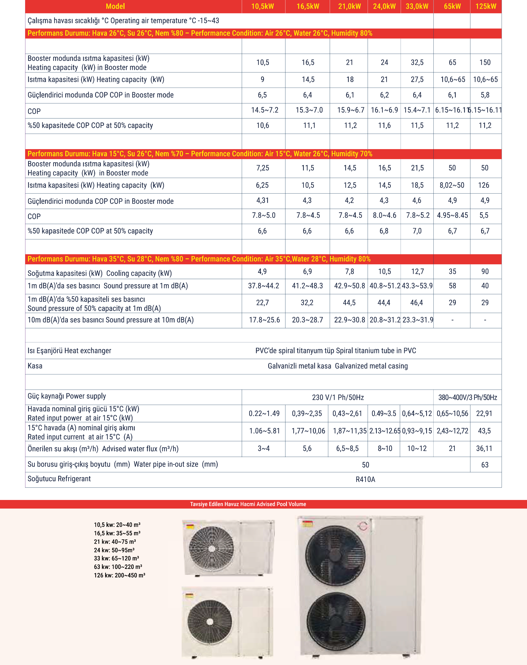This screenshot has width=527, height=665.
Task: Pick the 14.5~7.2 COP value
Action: coord(264,110)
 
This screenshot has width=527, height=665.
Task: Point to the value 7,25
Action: coord(263,168)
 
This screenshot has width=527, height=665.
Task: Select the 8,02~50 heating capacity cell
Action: coord(452,185)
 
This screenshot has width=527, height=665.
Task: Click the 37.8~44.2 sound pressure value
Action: coord(263,286)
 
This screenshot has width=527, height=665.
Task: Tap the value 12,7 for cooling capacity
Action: coord(417,272)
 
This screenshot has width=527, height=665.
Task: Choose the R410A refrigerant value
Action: coord(365,479)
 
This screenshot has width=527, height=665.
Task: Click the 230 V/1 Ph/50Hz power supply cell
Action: coord(338,398)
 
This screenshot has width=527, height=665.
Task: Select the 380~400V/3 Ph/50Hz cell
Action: coord(468,398)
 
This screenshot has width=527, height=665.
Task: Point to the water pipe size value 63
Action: coord(485,465)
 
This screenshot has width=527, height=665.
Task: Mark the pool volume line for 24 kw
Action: coord(114,550)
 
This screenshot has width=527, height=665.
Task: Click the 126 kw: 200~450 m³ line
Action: coord(119,575)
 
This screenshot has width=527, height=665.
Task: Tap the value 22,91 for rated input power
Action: coord(484,414)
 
